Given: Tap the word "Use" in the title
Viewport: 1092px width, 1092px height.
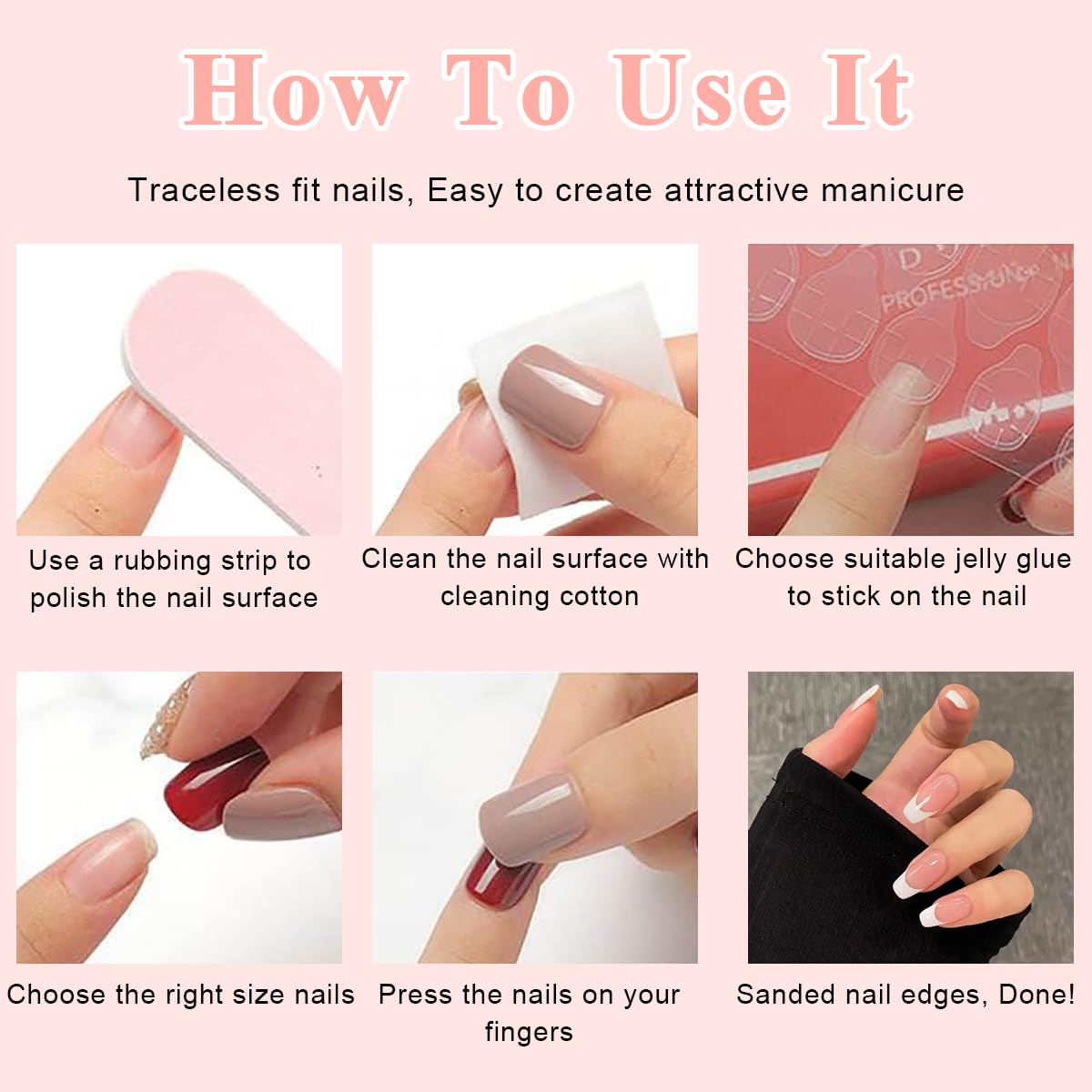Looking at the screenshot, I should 699,91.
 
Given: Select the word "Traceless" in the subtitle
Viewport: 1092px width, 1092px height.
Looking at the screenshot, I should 203,190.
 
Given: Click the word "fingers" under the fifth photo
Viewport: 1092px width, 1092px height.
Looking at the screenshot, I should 529,1032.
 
